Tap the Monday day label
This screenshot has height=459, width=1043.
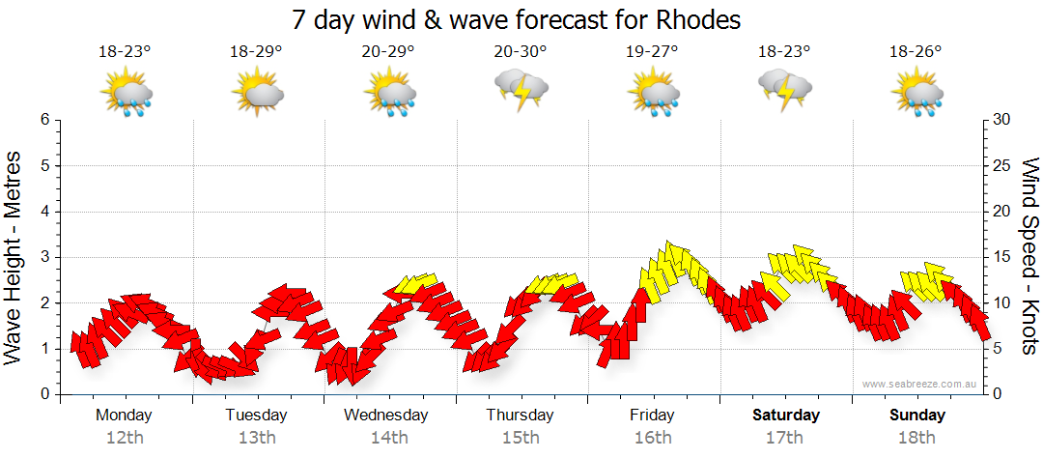point(124,415)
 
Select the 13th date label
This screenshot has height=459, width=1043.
point(256,437)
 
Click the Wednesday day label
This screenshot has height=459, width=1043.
point(386,415)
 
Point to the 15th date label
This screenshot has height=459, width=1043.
point(520,437)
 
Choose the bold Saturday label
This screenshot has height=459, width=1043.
point(786,415)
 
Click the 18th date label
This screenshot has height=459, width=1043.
point(917,437)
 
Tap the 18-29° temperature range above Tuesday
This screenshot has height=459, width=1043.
point(256,52)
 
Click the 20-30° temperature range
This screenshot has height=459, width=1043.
point(520,52)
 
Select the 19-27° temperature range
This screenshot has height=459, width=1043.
point(652,52)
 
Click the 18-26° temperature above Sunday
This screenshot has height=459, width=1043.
point(916,52)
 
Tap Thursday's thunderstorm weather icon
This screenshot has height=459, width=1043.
point(521,89)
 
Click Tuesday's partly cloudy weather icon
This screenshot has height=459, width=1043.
point(257,93)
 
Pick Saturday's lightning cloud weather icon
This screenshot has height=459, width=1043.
point(785,89)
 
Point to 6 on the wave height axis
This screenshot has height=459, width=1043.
point(44,120)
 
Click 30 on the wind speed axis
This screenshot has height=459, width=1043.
point(1001,120)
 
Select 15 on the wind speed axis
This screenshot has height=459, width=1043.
point(1001,257)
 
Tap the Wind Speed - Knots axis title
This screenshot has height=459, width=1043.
point(1029,256)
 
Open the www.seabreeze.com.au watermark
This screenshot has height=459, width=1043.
point(920,384)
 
